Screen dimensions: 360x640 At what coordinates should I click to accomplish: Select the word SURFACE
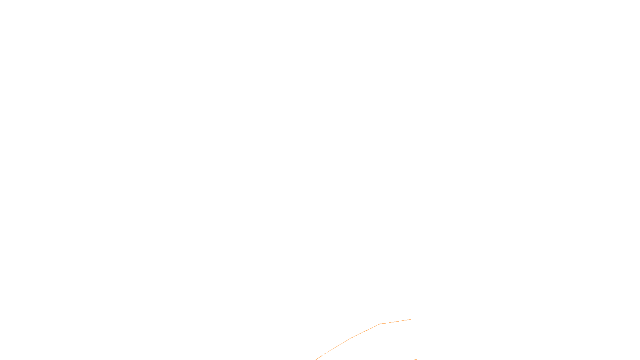[x=320, y=353]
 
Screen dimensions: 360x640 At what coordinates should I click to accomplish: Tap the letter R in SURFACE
[x=318, y=353]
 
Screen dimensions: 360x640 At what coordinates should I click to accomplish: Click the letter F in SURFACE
[x=320, y=353]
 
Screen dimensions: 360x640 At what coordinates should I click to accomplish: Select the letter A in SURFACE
[x=323, y=353]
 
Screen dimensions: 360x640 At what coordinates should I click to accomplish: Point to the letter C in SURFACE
[x=326, y=353]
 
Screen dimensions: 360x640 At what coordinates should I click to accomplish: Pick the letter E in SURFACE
[x=329, y=353]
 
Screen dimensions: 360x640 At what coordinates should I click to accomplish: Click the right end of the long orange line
[x=411, y=319]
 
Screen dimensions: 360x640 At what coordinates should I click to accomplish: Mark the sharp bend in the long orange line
[x=380, y=324]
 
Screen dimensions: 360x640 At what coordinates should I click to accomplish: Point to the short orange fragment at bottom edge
[x=416, y=359]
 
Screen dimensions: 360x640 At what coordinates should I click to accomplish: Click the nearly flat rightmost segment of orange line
[x=396, y=321]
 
